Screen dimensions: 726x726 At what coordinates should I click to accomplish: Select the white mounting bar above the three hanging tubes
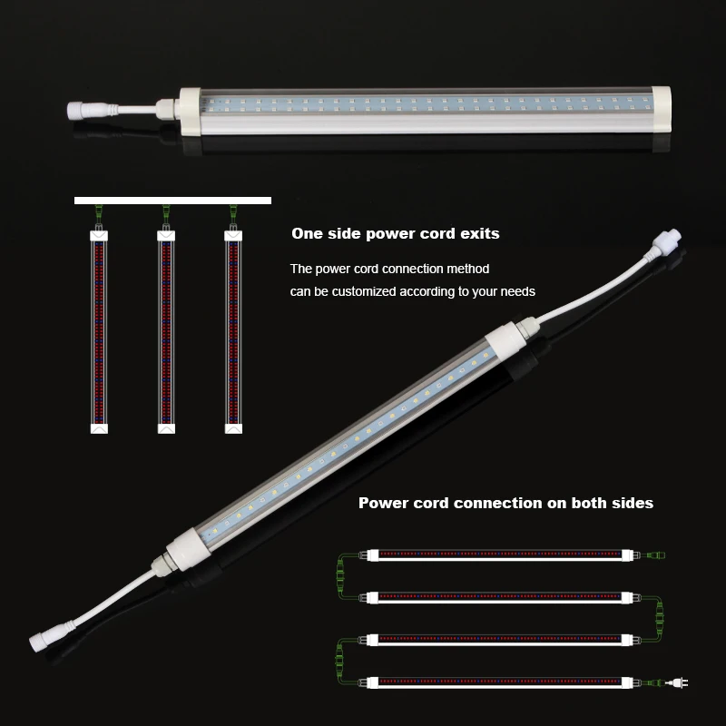(172, 200)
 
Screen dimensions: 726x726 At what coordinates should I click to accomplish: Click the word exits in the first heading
(478, 234)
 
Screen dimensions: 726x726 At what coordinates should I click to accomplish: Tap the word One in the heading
(307, 234)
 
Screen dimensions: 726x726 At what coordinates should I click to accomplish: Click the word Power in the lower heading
(382, 503)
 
